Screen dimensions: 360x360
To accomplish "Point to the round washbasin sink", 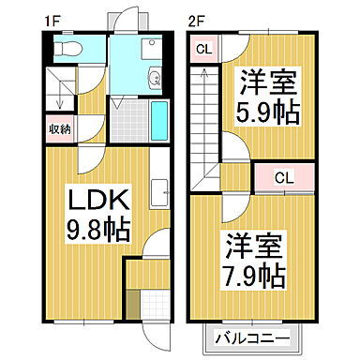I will coord(156,78).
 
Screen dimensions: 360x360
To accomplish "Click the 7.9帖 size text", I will coord(255,276).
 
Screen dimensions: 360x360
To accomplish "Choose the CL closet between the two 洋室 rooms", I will coord(289,176).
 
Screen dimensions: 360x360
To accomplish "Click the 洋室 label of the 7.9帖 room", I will coord(255,248).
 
